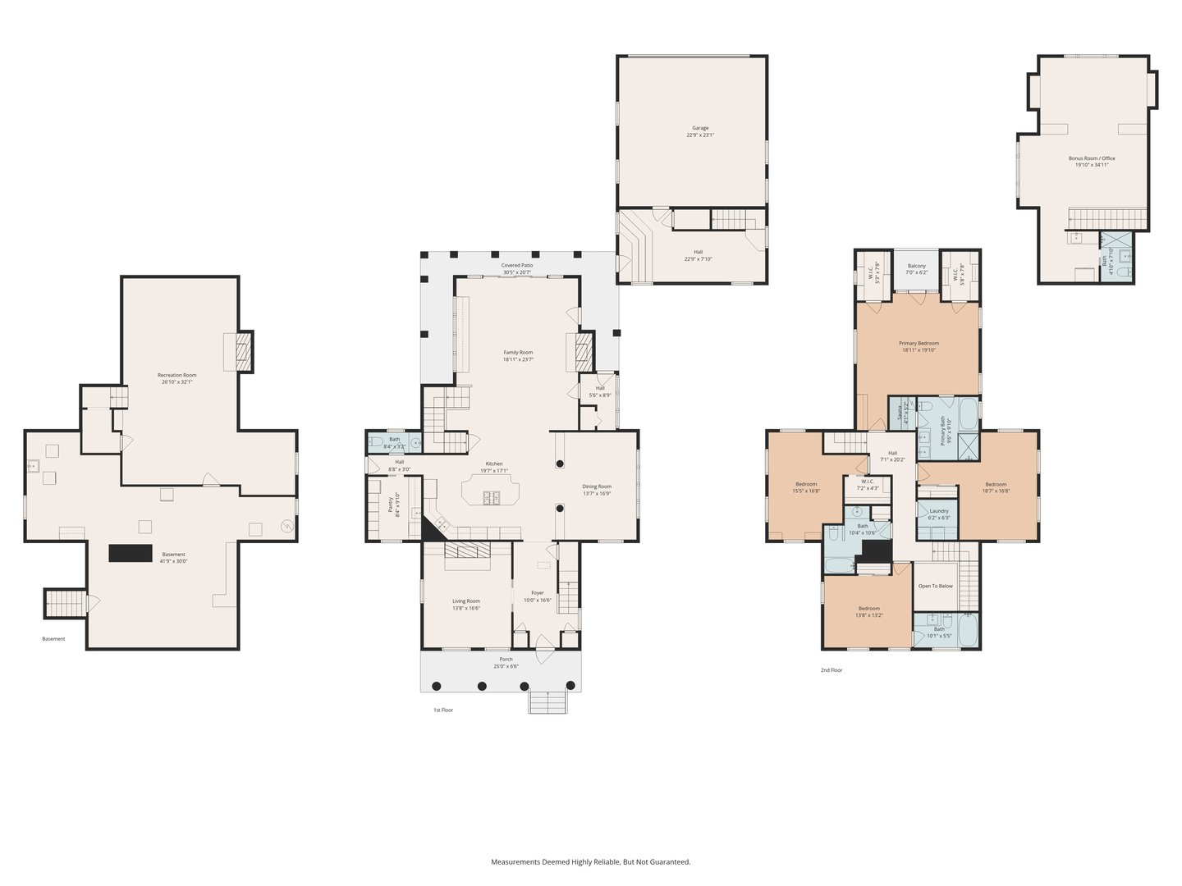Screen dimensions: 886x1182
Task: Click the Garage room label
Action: tap(700, 128)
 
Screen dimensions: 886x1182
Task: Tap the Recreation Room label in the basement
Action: tap(177, 375)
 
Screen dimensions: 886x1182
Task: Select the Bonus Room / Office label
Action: tap(1092, 158)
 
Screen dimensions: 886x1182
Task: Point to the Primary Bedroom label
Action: tap(919, 343)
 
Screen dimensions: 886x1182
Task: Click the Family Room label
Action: tap(518, 352)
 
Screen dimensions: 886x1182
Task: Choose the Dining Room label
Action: tap(597, 486)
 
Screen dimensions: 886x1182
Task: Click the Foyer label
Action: tap(538, 592)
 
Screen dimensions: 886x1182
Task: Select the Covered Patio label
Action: tap(517, 266)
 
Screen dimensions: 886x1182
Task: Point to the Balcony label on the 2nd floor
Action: tap(916, 266)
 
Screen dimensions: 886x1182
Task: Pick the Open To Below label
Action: tap(935, 586)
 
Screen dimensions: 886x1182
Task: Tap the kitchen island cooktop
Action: tap(493, 496)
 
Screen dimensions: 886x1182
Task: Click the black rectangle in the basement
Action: tap(131, 553)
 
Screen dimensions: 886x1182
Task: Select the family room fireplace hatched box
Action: tap(583, 351)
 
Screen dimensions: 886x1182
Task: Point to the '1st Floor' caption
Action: tap(443, 710)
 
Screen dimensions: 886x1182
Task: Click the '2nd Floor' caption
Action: tap(832, 670)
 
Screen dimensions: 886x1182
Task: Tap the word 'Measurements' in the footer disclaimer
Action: tap(515, 862)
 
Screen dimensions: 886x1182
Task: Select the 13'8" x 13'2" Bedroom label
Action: tap(869, 609)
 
